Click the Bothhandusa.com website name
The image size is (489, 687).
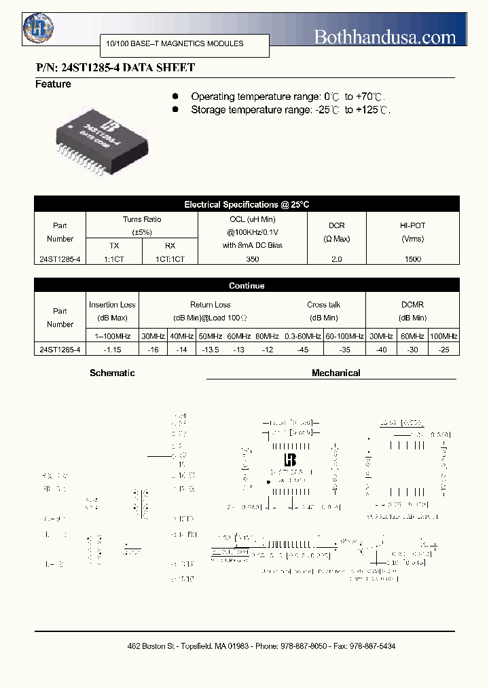pos(384,37)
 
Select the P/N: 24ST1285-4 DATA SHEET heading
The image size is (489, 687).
pos(115,68)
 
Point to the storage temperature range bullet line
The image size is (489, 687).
pos(289,110)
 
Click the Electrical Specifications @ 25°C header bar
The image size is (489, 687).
pos(247,204)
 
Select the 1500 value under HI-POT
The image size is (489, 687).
pos(412,259)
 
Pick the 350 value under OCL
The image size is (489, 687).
pos(252,259)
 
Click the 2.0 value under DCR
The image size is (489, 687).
pos(336,259)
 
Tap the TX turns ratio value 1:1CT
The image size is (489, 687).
pos(114,259)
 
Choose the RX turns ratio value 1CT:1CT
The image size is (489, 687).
pos(170,259)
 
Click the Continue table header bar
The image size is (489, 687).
pos(247,286)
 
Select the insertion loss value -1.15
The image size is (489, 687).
pos(112,349)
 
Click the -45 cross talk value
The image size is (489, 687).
pos(302,349)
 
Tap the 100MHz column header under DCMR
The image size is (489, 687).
pos(443,336)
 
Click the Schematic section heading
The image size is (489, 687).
pos(112,373)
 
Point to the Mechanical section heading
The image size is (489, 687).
pos(336,373)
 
